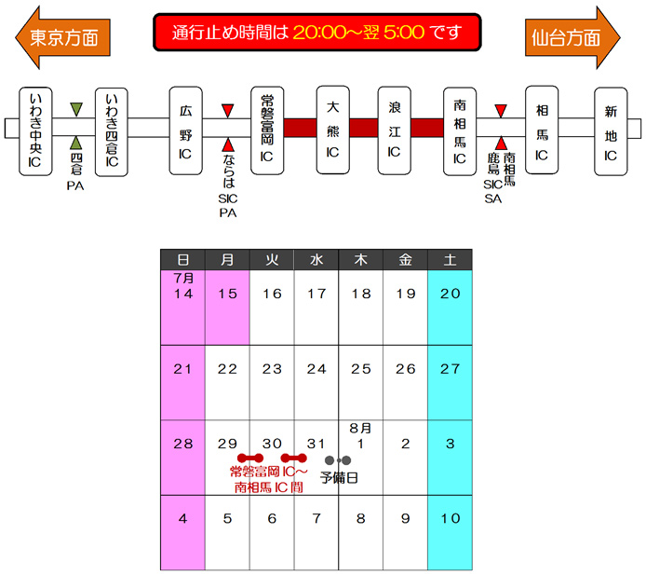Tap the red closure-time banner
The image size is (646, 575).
click(x=316, y=33)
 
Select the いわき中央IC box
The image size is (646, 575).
click(x=35, y=131)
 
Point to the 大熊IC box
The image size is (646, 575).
click(x=332, y=131)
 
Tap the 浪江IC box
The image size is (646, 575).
click(x=394, y=131)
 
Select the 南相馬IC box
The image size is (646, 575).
click(x=459, y=131)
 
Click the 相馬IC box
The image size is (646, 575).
click(x=542, y=131)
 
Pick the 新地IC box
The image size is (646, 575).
click(x=611, y=131)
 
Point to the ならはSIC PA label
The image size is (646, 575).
click(x=228, y=186)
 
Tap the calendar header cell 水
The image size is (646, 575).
click(x=316, y=260)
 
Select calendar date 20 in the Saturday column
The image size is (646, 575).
click(x=450, y=294)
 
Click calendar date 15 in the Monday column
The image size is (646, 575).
click(x=227, y=294)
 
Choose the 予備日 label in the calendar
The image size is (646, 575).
click(x=339, y=477)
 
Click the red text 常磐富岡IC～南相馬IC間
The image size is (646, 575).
click(x=269, y=480)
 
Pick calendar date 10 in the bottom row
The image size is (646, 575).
click(x=450, y=518)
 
